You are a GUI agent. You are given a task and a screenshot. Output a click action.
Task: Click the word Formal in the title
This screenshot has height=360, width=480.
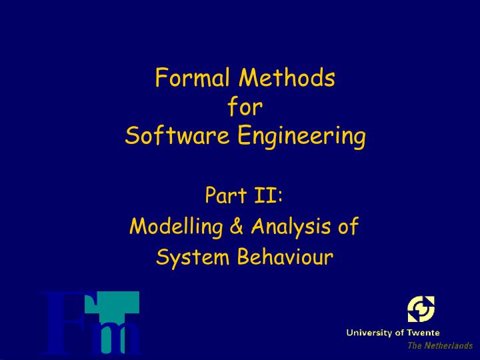pyautogui.click(x=193, y=77)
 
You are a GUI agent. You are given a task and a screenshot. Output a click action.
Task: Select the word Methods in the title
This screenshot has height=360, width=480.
pyautogui.click(x=287, y=77)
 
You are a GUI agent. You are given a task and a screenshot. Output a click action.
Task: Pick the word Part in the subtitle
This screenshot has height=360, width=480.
pyautogui.click(x=226, y=195)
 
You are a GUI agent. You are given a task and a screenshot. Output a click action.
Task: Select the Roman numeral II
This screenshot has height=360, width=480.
pyautogui.click(x=266, y=195)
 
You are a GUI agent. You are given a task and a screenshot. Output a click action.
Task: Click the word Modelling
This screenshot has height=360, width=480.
pyautogui.click(x=176, y=227)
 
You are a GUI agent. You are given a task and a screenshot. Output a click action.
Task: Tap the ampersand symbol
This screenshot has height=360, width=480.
pyautogui.click(x=237, y=226)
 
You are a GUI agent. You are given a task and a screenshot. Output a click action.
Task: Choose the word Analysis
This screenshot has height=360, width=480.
pyautogui.click(x=291, y=227)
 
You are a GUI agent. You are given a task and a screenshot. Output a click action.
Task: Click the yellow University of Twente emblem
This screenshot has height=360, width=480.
pyautogui.click(x=421, y=309)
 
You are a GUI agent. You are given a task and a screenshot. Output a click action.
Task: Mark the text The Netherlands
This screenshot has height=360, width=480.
pyautogui.click(x=440, y=345)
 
